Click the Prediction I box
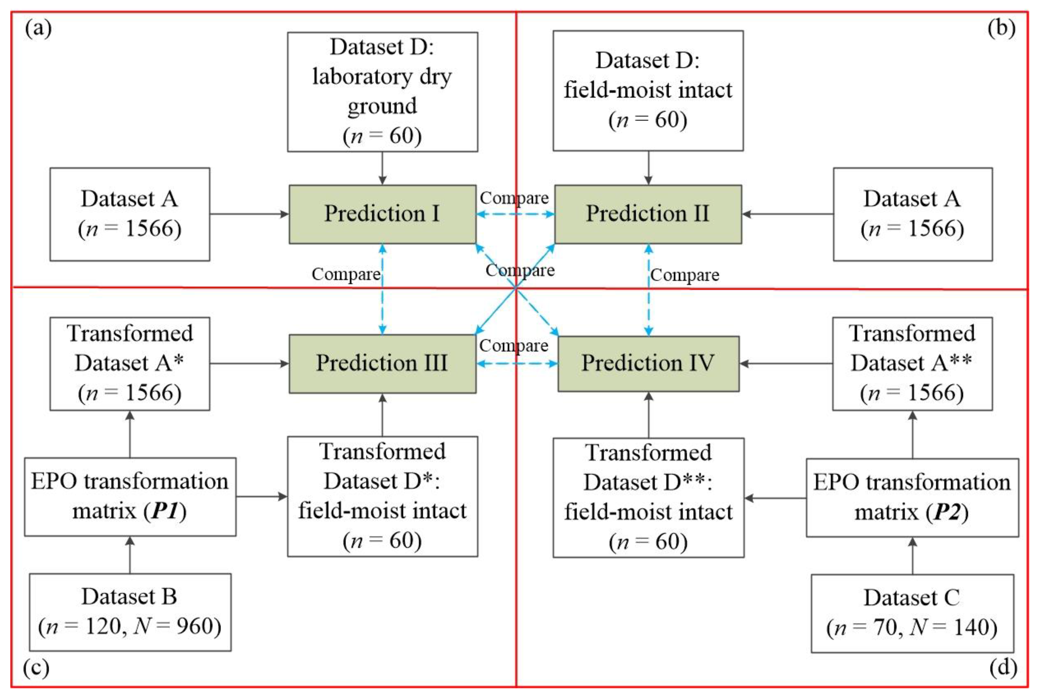(382, 214)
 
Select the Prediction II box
(648, 214)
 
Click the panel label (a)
(38, 29)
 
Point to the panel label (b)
(1001, 29)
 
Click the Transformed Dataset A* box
(130, 363)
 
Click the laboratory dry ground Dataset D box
(382, 92)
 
